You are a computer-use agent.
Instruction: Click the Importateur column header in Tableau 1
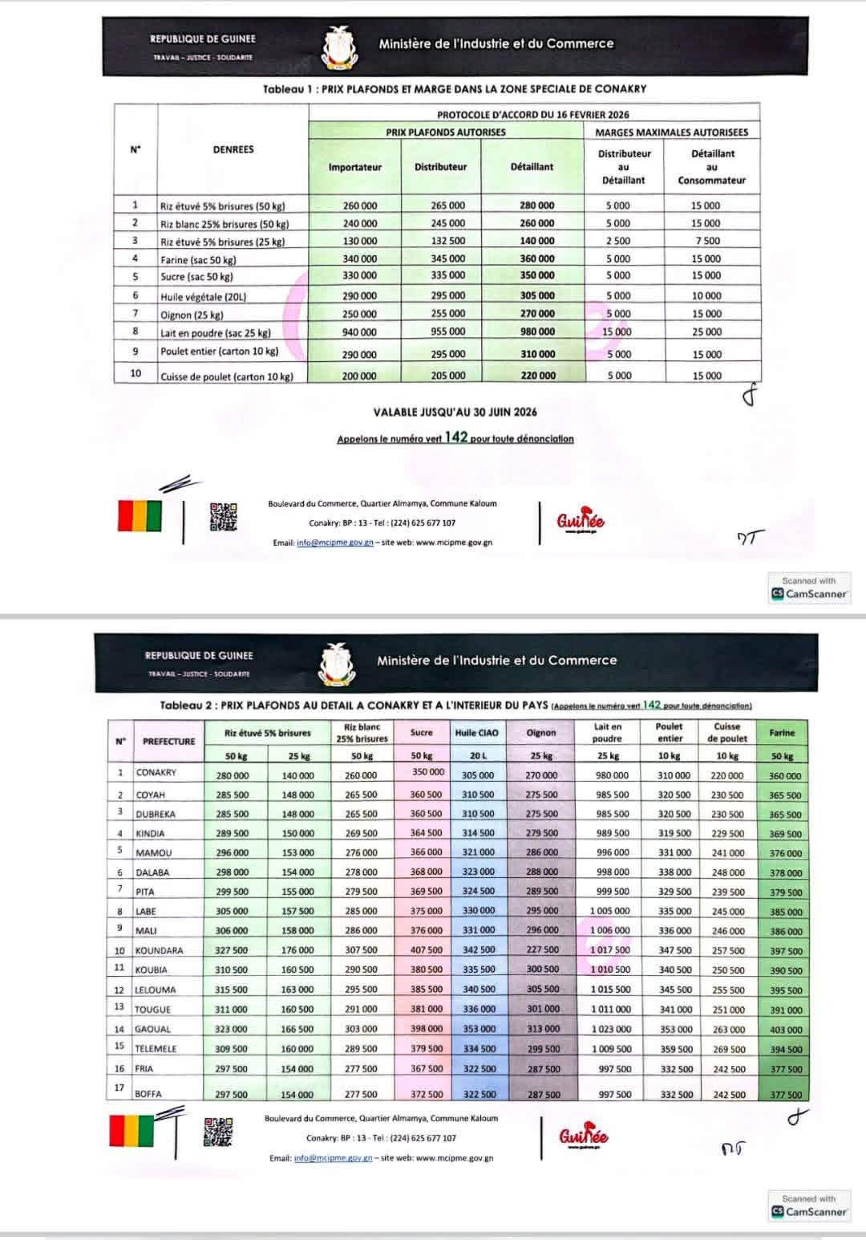click(354, 167)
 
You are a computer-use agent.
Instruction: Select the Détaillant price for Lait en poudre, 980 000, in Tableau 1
click(536, 331)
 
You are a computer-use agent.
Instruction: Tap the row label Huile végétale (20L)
click(203, 296)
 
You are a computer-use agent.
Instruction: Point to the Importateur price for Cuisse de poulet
click(359, 376)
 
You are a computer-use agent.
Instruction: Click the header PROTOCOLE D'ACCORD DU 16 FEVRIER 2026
click(532, 115)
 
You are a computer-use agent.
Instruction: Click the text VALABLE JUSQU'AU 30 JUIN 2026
click(455, 412)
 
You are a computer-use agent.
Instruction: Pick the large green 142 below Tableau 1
click(455, 437)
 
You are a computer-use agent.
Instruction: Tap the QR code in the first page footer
click(224, 516)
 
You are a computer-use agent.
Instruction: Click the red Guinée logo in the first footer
click(581, 520)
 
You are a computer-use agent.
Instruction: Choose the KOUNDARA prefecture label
click(159, 950)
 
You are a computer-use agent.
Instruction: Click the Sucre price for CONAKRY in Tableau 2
click(427, 772)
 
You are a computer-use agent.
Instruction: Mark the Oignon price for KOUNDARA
click(542, 949)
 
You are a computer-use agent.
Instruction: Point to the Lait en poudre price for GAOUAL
click(611, 1029)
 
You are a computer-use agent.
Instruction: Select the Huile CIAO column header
click(476, 732)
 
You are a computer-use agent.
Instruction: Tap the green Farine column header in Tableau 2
click(782, 732)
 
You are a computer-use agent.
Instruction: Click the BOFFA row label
click(148, 1094)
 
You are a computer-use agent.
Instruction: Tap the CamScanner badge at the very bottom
click(808, 1206)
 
